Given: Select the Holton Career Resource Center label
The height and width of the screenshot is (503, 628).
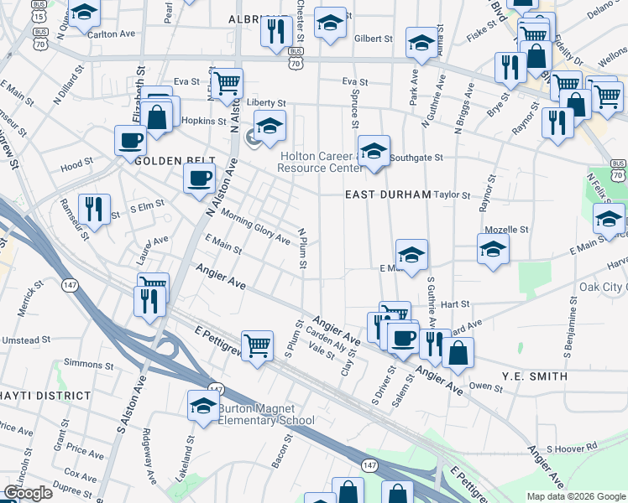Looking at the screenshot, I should (x=322, y=162).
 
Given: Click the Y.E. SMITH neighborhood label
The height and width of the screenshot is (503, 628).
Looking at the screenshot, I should (x=535, y=376).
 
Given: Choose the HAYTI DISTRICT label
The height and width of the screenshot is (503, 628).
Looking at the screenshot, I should (x=44, y=395).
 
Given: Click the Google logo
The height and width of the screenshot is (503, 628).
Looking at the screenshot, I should (x=28, y=493).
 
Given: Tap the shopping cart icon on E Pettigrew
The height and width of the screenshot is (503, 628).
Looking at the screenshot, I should (x=258, y=343).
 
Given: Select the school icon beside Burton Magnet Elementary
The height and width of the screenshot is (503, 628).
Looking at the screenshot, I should (x=202, y=406).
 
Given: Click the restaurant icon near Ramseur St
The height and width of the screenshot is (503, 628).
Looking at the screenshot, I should (x=93, y=209).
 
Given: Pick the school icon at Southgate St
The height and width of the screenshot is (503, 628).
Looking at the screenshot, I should (x=374, y=151).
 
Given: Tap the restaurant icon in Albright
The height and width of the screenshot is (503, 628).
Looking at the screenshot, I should (x=275, y=32).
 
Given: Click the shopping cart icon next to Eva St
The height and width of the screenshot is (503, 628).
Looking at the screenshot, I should (x=226, y=83).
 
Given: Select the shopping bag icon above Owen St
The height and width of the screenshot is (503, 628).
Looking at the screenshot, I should (x=458, y=352).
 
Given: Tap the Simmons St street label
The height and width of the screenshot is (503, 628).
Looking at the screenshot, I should (x=88, y=365).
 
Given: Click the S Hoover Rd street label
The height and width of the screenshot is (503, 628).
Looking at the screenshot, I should (x=571, y=449).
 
